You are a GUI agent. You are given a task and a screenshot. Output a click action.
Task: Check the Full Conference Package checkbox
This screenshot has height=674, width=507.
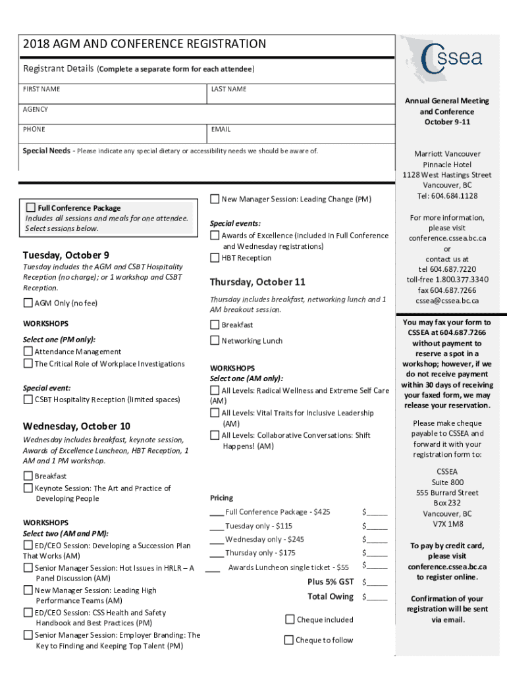point(31,207)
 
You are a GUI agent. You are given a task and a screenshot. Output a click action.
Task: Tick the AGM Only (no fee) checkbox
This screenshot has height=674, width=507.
point(28,303)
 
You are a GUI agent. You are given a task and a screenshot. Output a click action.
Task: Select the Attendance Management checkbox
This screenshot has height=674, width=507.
point(28,351)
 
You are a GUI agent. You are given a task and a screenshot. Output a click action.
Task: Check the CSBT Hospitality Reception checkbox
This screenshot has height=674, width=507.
point(28,400)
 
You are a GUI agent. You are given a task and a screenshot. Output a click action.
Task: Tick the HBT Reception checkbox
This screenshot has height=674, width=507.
point(215,257)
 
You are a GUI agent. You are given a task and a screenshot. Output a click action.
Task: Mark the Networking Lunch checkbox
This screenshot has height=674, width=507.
point(215,340)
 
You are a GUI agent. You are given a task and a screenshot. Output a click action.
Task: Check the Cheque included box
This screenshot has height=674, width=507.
point(290,619)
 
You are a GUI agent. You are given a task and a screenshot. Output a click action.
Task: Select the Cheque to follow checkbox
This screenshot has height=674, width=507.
point(288,640)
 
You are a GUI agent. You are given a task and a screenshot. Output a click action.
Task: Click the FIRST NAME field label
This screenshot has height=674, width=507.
point(41,89)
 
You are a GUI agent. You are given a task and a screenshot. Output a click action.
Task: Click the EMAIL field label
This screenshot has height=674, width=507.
point(221,130)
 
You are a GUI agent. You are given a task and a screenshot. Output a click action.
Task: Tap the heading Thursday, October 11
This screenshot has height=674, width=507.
point(257,282)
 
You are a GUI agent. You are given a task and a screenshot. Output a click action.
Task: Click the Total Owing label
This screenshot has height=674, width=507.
point(330,596)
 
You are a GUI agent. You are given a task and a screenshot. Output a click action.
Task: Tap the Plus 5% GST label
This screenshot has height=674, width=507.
point(330,582)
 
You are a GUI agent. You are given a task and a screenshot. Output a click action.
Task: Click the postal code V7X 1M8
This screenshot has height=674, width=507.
point(448,525)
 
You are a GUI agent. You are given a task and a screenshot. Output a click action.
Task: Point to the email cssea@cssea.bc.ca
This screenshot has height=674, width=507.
point(447,301)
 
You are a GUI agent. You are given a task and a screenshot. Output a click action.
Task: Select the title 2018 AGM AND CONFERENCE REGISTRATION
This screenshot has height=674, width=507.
point(144,44)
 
